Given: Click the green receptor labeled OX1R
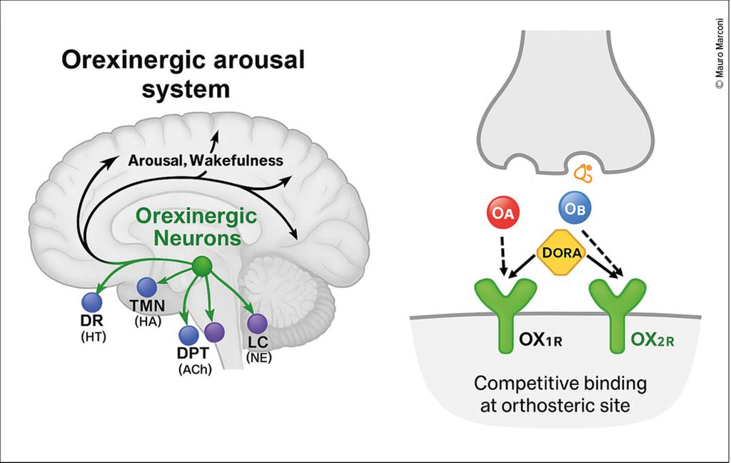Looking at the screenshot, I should (506, 314).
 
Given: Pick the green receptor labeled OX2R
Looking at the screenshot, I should (617, 314).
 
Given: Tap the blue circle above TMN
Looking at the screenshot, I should (147, 287).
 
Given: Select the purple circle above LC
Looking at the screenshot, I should (256, 324).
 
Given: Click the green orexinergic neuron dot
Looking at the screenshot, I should (203, 267).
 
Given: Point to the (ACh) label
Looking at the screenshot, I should (194, 369).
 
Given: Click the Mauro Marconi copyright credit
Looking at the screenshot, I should (719, 53).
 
